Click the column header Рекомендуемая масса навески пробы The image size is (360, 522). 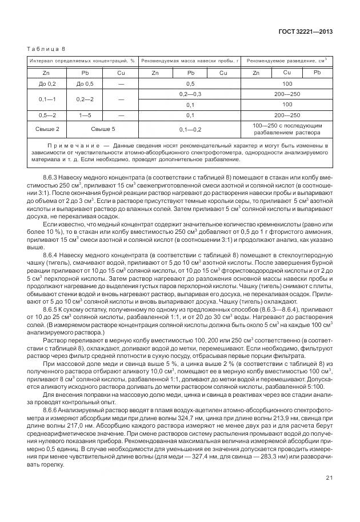pos(189,60)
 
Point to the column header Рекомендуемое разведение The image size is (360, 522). pos(286,60)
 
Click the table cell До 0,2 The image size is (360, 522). pos(46,83)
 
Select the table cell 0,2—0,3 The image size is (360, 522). pos(190,94)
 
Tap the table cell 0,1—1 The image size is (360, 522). pos(46,99)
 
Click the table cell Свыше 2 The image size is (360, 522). pos(46,129)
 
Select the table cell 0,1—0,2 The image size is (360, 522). pos(190,129)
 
